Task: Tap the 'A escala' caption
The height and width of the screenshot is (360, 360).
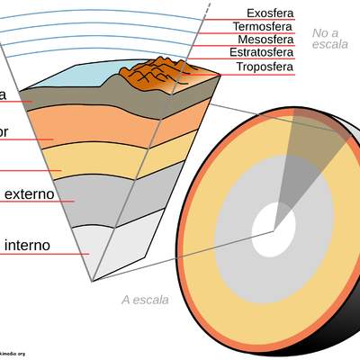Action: (x=144, y=300)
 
